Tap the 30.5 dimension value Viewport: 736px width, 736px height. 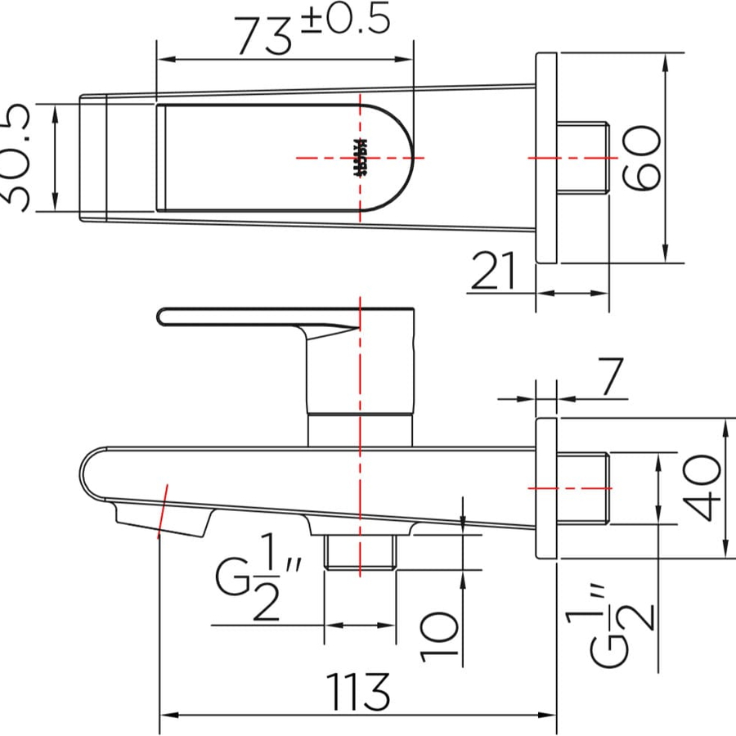pos(18,157)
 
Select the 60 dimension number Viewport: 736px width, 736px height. pos(641,157)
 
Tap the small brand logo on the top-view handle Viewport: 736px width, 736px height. pos(357,157)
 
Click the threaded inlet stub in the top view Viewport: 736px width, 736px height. pos(583,157)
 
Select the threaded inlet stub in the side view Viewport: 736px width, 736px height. pos(583,487)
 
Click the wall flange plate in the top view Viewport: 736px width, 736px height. pos(546,157)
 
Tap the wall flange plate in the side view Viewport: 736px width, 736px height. pos(546,487)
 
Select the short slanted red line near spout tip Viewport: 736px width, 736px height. pos(162,510)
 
